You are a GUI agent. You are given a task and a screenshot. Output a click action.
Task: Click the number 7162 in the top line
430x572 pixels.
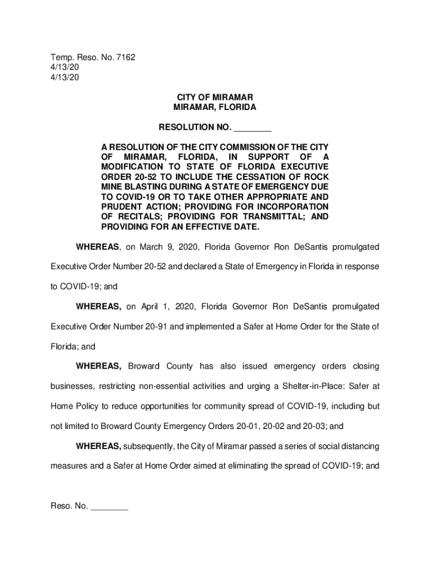[125, 58]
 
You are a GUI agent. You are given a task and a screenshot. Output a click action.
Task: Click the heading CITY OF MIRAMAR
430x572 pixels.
[214, 97]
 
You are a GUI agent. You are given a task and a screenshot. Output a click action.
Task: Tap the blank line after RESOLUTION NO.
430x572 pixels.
[252, 128]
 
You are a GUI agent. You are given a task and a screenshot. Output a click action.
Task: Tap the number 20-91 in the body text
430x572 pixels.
[156, 327]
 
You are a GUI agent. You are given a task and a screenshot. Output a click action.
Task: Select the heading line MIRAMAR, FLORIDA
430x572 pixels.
[214, 107]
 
